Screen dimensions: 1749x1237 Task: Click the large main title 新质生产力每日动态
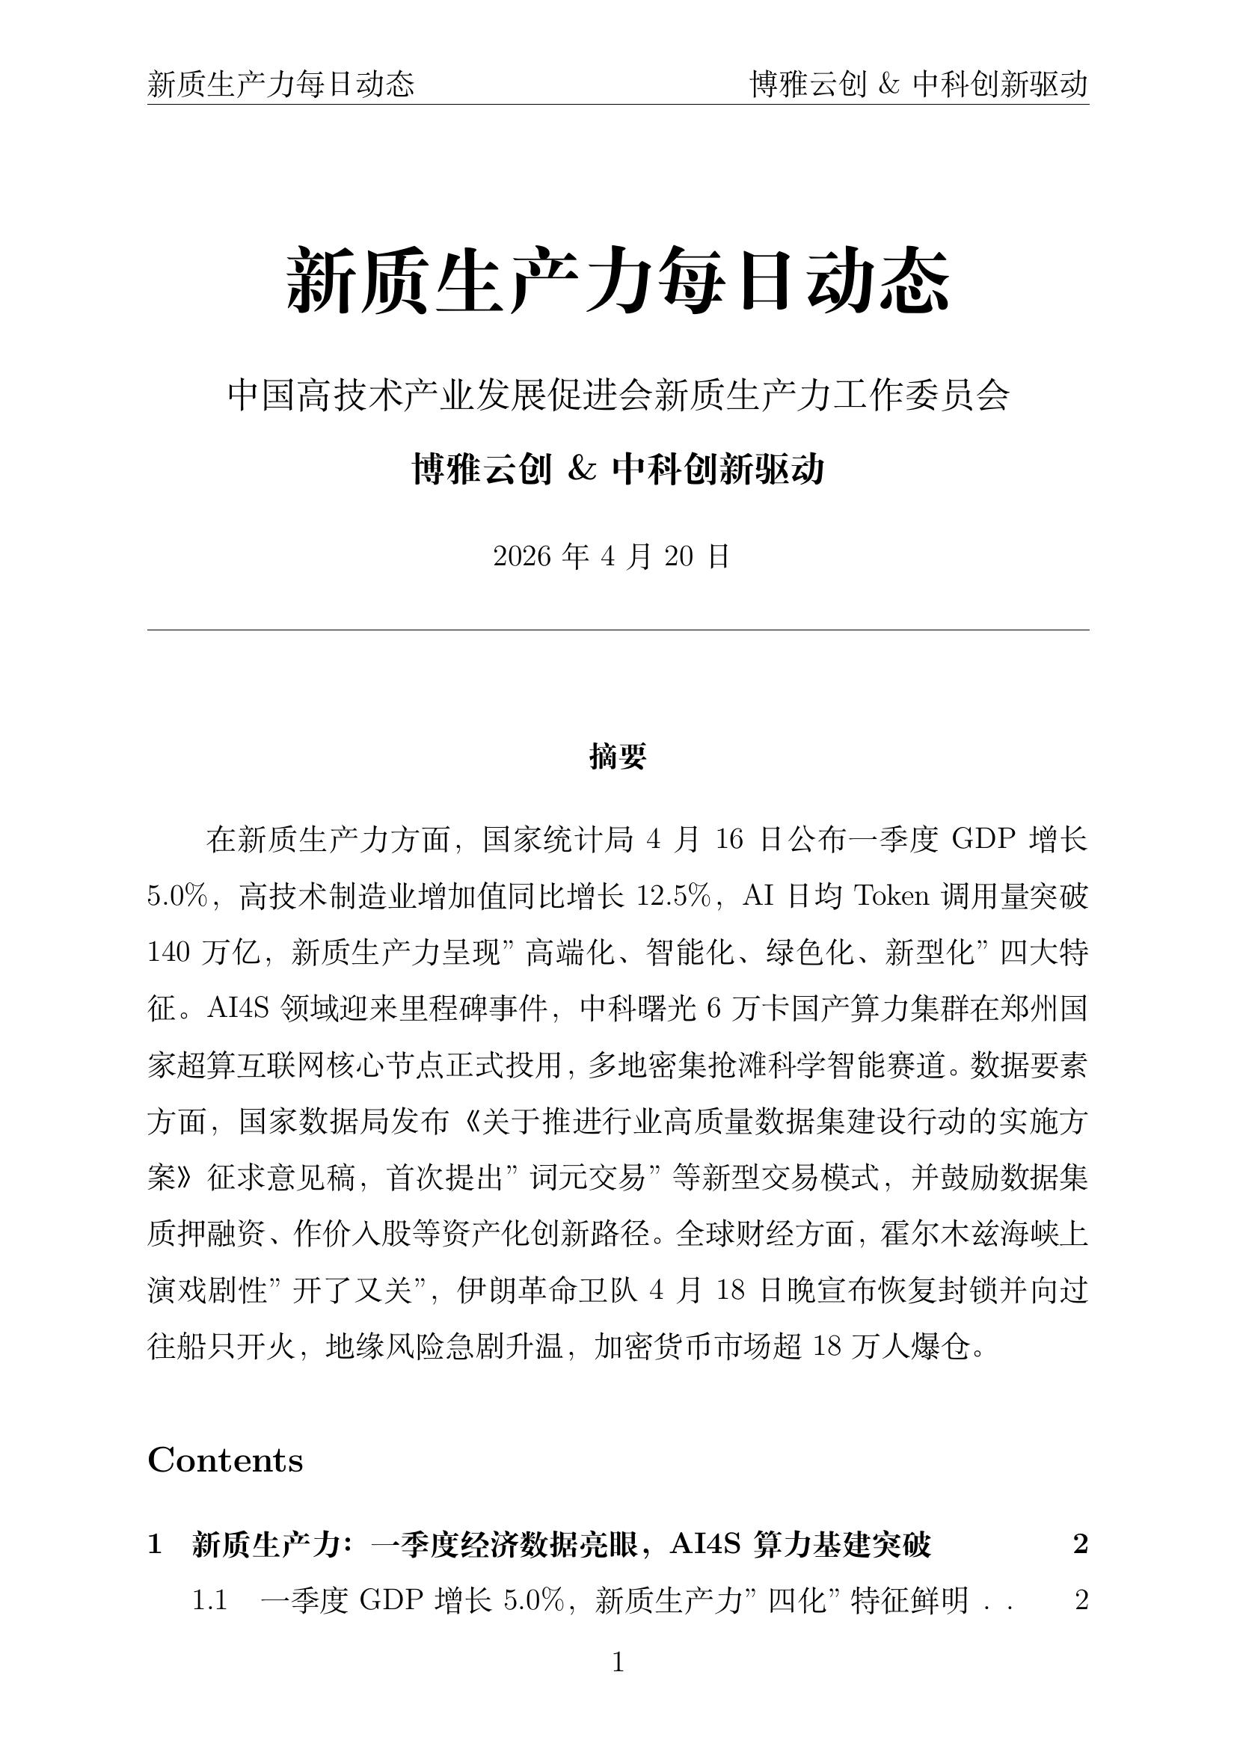pyautogui.click(x=618, y=280)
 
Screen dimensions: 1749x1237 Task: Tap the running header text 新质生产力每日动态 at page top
pyautogui.click(x=281, y=84)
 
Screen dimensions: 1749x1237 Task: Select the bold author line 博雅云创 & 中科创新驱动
pyautogui.click(x=618, y=470)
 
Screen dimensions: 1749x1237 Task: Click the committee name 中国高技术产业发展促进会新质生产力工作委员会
pyautogui.click(x=618, y=396)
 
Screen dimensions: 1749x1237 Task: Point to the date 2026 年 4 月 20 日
pyautogui.click(x=612, y=557)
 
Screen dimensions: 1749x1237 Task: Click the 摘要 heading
pyautogui.click(x=618, y=757)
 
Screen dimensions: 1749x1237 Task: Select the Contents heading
pyautogui.click(x=225, y=1460)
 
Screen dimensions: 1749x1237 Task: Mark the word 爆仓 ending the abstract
pyautogui.click(x=941, y=1347)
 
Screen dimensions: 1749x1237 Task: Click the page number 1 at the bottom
pyautogui.click(x=618, y=1662)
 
